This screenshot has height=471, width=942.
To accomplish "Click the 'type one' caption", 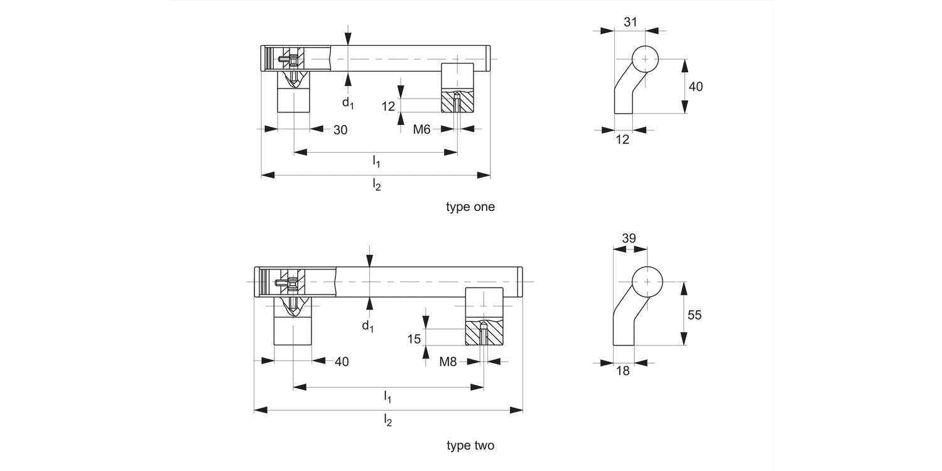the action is pyautogui.click(x=470, y=207).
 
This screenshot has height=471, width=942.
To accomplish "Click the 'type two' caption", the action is pyautogui.click(x=470, y=445).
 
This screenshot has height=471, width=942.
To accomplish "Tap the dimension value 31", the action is pyautogui.click(x=630, y=22).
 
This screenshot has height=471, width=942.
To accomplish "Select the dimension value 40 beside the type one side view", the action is pyautogui.click(x=696, y=87).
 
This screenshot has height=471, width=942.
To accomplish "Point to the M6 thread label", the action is pyautogui.click(x=421, y=129).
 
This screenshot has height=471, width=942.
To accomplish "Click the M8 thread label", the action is pyautogui.click(x=448, y=362).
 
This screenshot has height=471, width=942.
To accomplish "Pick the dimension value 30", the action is pyautogui.click(x=340, y=131).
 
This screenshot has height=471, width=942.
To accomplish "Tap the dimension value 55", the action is pyautogui.click(x=695, y=315).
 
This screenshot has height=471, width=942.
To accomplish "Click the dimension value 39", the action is pyautogui.click(x=629, y=239).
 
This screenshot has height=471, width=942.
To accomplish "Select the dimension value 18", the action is pyautogui.click(x=623, y=371).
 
